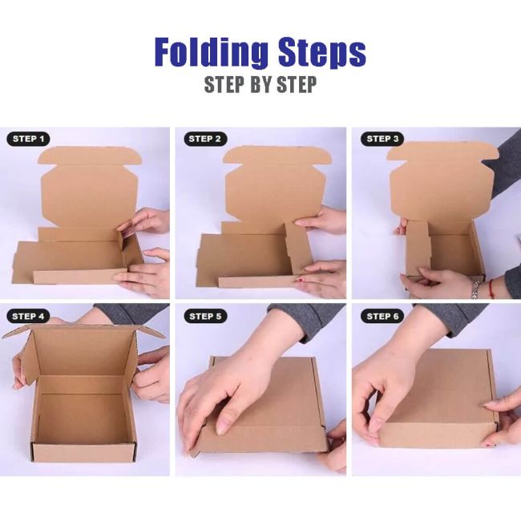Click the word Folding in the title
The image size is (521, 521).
pos(210,53)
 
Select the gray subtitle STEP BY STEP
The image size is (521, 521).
pos(260,85)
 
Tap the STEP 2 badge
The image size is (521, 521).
pos(206,139)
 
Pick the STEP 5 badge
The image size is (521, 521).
pos(206,316)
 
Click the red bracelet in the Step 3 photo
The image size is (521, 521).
pos(491,287)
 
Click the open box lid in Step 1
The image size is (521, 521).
pos(88,188)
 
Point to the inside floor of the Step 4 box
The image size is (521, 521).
pos(84,417)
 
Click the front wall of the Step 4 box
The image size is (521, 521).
pos(83,452)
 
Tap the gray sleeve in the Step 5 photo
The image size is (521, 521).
pos(309,317)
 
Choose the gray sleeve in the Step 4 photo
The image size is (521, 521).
pos(132,313)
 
